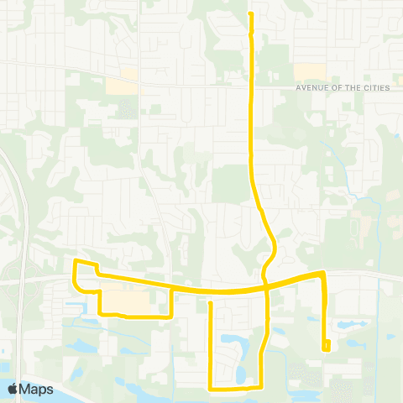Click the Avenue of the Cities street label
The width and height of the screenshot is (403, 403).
(343, 88)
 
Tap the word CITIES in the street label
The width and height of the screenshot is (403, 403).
(374, 88)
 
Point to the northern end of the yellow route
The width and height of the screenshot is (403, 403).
(252, 13)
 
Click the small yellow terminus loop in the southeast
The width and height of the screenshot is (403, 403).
(326, 344)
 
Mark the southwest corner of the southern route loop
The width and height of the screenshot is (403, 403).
(210, 389)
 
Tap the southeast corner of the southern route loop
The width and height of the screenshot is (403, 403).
(261, 387)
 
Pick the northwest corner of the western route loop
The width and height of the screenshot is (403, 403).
(76, 263)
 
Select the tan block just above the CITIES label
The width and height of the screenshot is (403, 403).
(308, 72)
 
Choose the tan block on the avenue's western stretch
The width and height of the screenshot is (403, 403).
(123, 86)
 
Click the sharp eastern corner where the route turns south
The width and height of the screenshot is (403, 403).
(323, 273)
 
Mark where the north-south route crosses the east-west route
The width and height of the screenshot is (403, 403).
(266, 288)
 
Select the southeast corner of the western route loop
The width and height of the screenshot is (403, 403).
(171, 317)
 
